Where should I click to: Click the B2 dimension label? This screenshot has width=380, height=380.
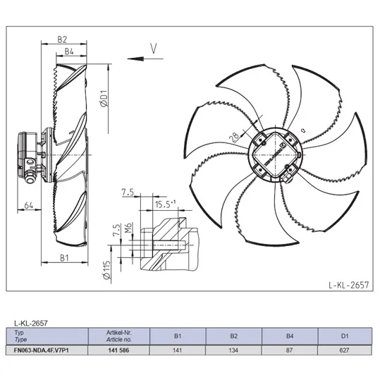(x=62, y=39)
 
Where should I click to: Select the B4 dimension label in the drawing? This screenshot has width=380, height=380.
(x=69, y=51)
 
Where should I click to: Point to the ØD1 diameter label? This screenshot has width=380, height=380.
(x=104, y=98)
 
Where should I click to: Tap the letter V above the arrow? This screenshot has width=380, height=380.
(x=154, y=48)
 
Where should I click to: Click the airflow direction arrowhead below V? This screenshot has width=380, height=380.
(x=135, y=59)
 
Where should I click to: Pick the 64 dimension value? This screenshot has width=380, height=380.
(x=29, y=205)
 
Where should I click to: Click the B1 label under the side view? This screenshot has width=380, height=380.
(x=64, y=258)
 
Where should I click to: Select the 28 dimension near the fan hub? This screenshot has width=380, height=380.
(x=235, y=137)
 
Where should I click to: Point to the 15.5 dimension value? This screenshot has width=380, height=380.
(x=163, y=204)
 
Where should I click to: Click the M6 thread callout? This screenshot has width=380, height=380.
(x=128, y=227)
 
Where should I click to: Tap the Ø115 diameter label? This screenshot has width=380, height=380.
(x=107, y=270)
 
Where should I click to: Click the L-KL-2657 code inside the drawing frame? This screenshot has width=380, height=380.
(x=349, y=285)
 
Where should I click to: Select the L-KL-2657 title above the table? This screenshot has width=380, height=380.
(x=31, y=323)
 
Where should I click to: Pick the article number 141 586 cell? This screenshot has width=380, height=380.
(x=118, y=350)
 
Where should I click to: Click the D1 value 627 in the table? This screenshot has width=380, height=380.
(x=344, y=350)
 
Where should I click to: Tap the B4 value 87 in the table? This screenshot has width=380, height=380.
(x=289, y=350)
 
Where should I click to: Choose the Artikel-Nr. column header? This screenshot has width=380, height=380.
(x=118, y=333)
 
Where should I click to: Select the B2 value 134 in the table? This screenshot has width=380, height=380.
(x=233, y=350)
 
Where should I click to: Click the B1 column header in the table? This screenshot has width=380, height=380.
(x=178, y=336)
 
